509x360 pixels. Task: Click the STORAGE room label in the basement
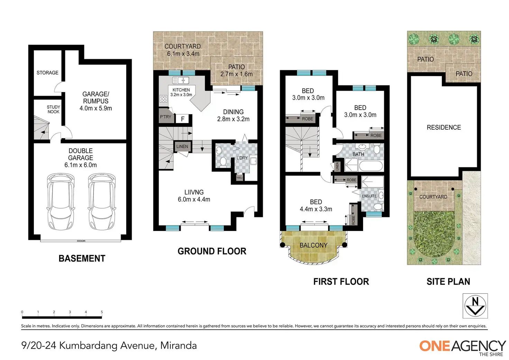click(47, 73)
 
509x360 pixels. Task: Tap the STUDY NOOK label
click(53, 109)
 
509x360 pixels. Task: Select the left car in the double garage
click(61, 202)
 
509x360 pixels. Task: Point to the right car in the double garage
click(102, 202)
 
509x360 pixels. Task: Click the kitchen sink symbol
click(181, 80)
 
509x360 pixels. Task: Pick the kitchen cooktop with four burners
click(164, 99)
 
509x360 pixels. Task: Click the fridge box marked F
click(183, 119)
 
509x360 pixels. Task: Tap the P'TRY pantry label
click(165, 117)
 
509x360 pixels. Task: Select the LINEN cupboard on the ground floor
click(182, 146)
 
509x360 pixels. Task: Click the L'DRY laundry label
click(242, 158)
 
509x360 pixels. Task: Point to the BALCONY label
click(314, 245)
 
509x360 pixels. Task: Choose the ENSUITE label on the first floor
click(369, 196)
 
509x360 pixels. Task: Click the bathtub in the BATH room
click(371, 166)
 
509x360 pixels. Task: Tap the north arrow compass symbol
click(475, 306)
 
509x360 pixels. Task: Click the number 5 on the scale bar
click(102, 312)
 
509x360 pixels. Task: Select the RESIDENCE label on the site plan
click(444, 128)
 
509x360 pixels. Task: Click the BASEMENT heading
click(82, 258)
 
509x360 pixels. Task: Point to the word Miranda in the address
click(178, 346)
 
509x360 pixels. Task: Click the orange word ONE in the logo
click(435, 346)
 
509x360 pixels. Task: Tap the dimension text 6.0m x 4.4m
click(194, 199)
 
